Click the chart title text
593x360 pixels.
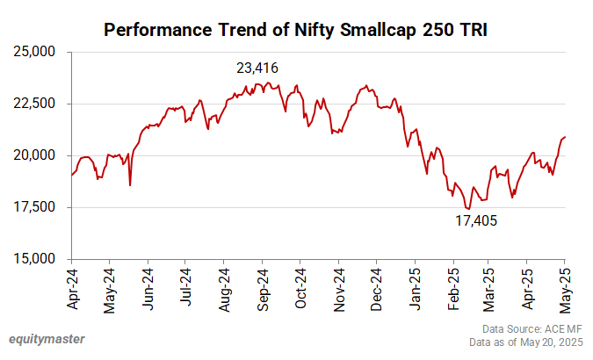[x=296, y=30]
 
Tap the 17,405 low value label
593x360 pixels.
[x=476, y=221]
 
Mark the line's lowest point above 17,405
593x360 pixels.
[x=468, y=209]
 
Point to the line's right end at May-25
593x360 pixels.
[x=565, y=137]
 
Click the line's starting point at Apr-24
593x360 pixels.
[x=71, y=175]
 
